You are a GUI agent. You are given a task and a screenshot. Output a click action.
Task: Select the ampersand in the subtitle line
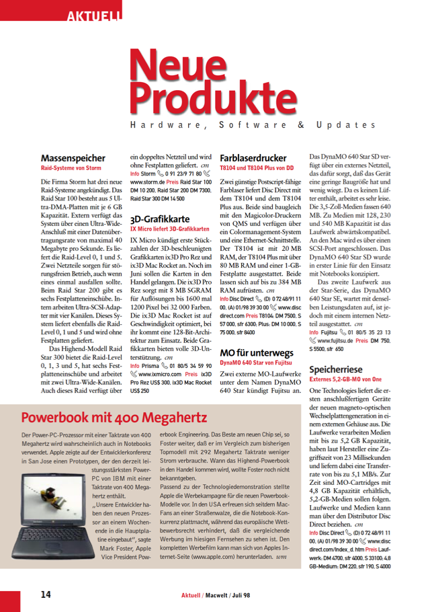301,126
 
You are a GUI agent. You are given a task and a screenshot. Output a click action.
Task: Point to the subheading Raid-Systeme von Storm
71,168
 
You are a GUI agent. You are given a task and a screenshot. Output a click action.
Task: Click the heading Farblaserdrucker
253,159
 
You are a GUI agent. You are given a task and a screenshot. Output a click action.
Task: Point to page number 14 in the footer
44,594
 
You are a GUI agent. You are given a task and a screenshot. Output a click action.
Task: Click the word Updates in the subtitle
352,126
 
